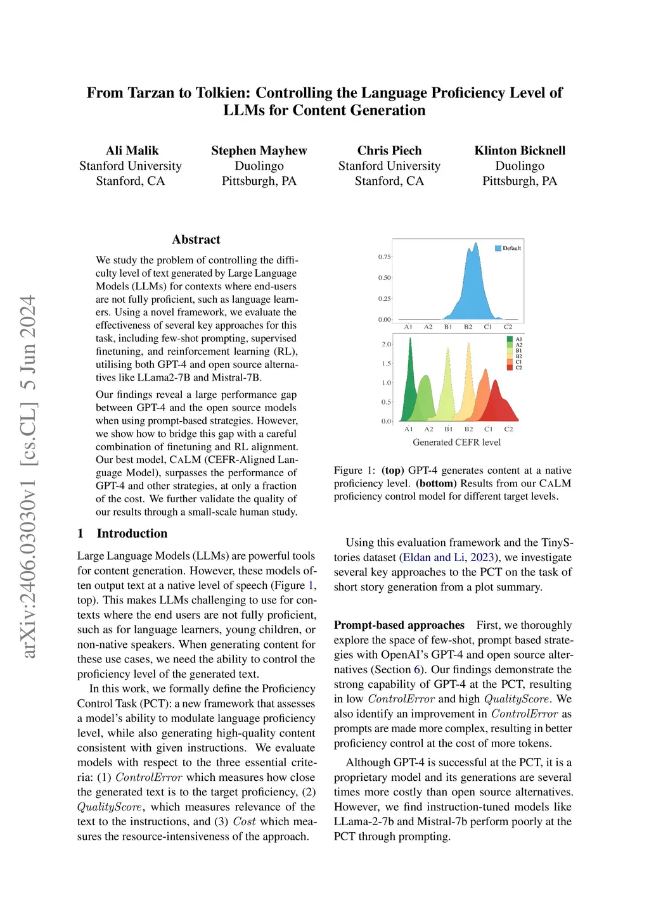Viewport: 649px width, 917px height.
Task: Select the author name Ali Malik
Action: pyautogui.click(x=132, y=151)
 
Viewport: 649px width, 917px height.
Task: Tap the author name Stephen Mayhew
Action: pyautogui.click(x=259, y=151)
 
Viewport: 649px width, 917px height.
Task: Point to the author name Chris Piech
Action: pyautogui.click(x=389, y=151)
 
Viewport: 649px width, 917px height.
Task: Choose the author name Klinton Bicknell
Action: pyautogui.click(x=520, y=151)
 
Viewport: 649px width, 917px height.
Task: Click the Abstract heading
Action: pyautogui.click(x=196, y=239)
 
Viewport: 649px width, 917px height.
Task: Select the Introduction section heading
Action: pyautogui.click(x=132, y=533)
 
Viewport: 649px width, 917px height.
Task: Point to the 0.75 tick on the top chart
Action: pyautogui.click(x=384, y=257)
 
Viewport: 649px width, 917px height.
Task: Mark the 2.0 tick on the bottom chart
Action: pyautogui.click(x=386, y=344)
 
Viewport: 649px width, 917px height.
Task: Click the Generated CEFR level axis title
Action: pyautogui.click(x=456, y=442)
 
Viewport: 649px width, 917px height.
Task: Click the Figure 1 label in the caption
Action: pyautogui.click(x=349, y=471)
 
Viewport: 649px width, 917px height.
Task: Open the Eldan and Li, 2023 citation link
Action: pyautogui.click(x=449, y=557)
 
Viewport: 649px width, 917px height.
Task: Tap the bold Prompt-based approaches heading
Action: pyautogui.click(x=399, y=625)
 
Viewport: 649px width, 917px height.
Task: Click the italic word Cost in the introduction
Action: pyautogui.click(x=244, y=821)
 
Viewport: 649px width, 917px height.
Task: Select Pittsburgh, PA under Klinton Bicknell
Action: pyautogui.click(x=520, y=181)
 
